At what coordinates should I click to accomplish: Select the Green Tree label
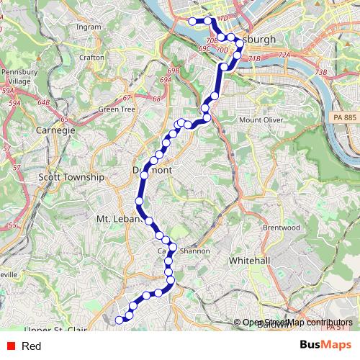[116, 109]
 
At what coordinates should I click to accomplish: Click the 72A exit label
[284, 55]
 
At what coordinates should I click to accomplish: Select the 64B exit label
[44, 103]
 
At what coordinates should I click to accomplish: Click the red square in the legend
[10, 346]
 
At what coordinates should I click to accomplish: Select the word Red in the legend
[31, 346]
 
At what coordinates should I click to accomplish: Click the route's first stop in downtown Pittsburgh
[192, 22]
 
